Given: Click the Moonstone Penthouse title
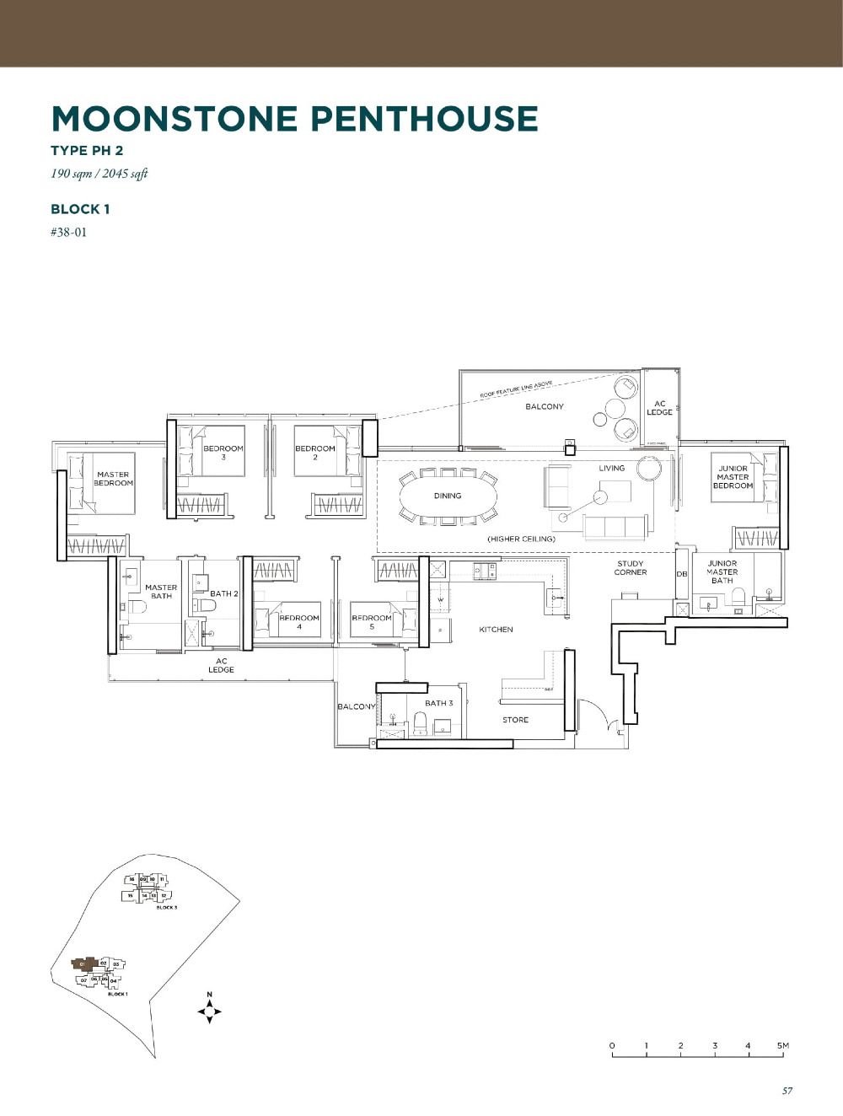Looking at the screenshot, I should [x=294, y=119].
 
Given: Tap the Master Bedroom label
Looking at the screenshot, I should [x=113, y=479].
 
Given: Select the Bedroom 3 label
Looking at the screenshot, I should [x=223, y=453].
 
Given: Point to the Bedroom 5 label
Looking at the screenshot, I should [x=372, y=622].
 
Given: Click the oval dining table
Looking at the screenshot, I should [x=448, y=496].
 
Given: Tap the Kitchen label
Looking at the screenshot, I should [x=496, y=630].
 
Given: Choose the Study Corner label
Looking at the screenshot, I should [x=631, y=568].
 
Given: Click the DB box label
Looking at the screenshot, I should [x=682, y=574].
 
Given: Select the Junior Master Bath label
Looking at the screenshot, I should [x=722, y=571].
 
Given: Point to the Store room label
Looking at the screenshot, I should [x=515, y=720].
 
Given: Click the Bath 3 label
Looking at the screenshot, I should [x=438, y=703].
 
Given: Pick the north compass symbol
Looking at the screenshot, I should [x=209, y=1010].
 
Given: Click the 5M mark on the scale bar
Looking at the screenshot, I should [x=783, y=1046].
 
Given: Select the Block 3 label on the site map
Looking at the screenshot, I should [x=166, y=907].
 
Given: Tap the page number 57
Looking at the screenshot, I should [x=787, y=1091].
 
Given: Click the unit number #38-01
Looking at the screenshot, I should [x=68, y=232].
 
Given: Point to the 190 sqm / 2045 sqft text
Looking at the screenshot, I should [x=99, y=174].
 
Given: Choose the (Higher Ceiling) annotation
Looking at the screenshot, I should [x=521, y=539].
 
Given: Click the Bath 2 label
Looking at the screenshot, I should [x=224, y=593].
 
